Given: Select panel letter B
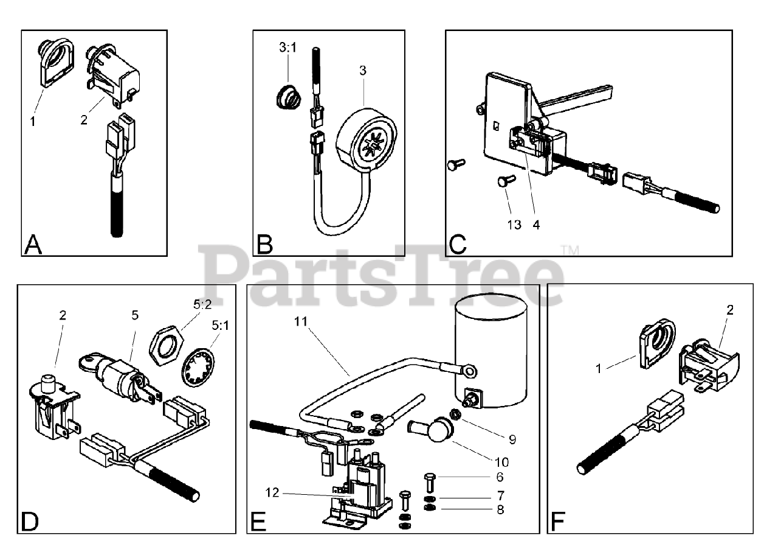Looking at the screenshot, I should [264, 244].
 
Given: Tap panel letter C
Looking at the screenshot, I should [457, 244].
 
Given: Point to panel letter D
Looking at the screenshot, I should [30, 522].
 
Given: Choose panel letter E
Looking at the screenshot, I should [258, 522].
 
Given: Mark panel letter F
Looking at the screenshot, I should [557, 522].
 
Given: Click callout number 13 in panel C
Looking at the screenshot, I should [514, 225].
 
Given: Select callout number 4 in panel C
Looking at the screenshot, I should [536, 225].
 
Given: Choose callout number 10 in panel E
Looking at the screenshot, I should [503, 462].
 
